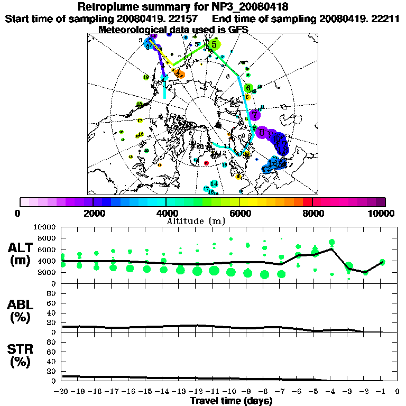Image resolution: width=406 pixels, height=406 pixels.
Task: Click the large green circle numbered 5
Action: [214, 44]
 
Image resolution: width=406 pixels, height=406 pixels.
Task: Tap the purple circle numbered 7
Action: [255, 114]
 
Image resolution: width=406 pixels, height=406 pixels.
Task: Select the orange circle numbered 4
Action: [179, 73]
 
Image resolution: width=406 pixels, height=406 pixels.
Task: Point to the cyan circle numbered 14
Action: [214, 183]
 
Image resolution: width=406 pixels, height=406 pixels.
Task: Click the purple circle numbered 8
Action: [261, 132]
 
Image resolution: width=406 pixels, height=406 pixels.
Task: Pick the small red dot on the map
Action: [206, 163]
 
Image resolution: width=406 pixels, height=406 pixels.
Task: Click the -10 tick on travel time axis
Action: [231, 392]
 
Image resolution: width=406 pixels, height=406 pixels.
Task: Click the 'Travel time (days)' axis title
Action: [231, 401]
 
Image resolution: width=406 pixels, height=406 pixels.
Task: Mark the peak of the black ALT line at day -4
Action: [331, 248]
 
